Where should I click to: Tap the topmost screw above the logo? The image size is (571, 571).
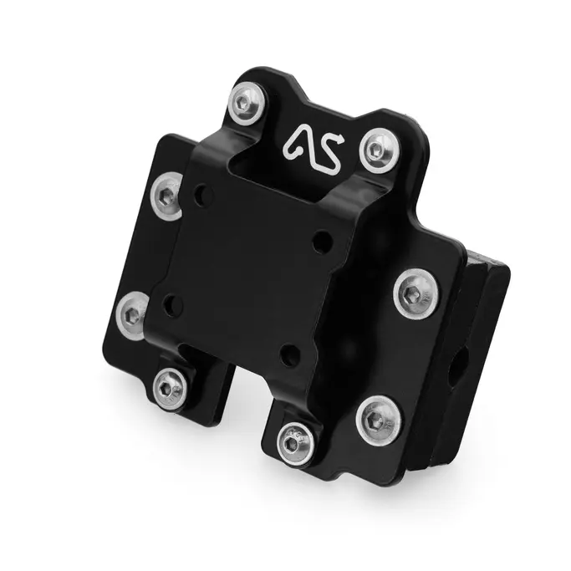click(x=247, y=103)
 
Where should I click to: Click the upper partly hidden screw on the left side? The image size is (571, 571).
click(x=166, y=196)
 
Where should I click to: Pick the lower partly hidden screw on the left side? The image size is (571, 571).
click(x=132, y=315)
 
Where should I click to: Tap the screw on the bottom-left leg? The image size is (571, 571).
click(x=170, y=389)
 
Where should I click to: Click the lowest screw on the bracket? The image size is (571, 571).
click(x=294, y=443)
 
